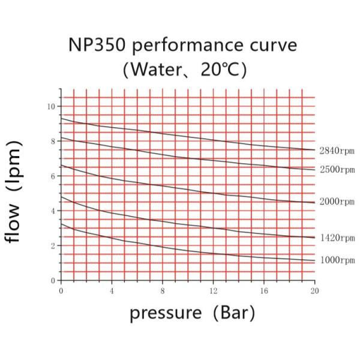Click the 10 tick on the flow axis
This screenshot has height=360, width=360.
pyautogui.click(x=52, y=106)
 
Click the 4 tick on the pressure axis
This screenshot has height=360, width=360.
pyautogui.click(x=112, y=290)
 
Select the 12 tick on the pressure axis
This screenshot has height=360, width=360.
pyautogui.click(x=213, y=290)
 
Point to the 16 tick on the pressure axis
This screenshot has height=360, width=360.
pyautogui.click(x=263, y=290)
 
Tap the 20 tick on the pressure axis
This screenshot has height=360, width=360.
pyautogui.click(x=314, y=290)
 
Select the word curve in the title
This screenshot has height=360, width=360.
pyautogui.click(x=271, y=46)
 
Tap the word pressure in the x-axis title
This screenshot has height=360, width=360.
pyautogui.click(x=166, y=313)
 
